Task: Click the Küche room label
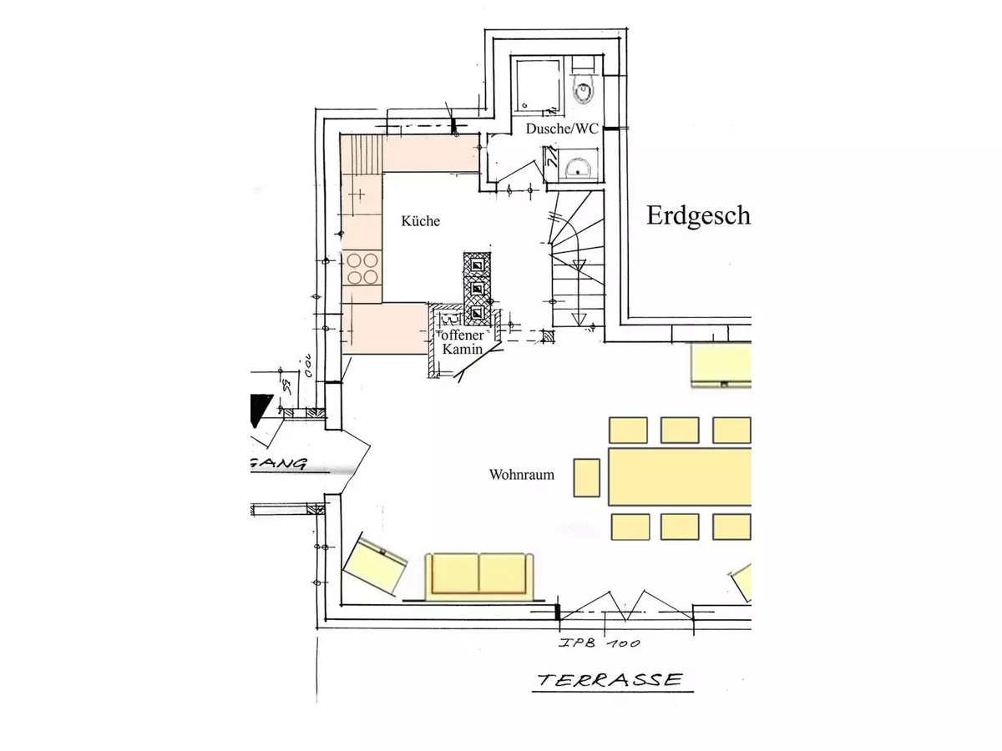(420, 221)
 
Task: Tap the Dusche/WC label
(562, 129)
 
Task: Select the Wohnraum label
(522, 475)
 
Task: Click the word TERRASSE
(610, 680)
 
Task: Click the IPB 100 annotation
(600, 643)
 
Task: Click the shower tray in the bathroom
(536, 84)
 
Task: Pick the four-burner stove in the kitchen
(362, 269)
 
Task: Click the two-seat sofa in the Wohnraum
(478, 575)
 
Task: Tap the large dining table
(681, 476)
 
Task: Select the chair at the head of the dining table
(587, 476)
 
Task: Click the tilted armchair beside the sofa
(375, 567)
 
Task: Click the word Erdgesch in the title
(698, 216)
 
